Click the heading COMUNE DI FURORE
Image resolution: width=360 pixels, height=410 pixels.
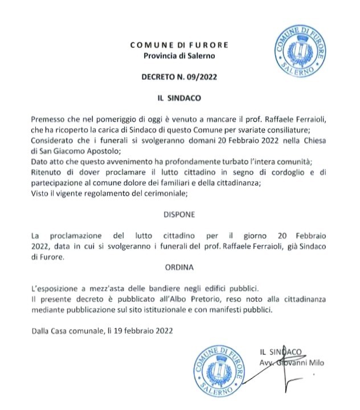point(179,45)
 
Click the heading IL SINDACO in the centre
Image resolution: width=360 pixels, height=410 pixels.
point(179,97)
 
